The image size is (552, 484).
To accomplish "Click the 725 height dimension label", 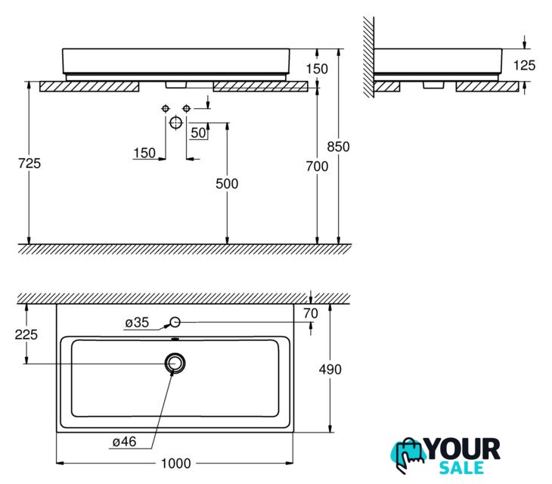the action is tap(29, 163).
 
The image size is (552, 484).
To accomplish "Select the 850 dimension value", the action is tap(338, 147).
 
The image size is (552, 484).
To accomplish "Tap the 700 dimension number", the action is tap(317, 166).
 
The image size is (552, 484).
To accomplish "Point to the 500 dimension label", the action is tap(227, 184).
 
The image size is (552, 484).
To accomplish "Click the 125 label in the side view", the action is tap(524, 65).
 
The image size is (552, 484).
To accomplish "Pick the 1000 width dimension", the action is tap(175, 464).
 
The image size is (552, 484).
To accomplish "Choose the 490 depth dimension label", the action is tap(330, 369).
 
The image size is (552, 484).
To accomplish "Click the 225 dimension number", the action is tap(26, 334).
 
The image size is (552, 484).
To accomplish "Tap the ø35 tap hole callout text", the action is tap(138, 322).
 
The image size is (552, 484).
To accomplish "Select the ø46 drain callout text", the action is tap(124, 442).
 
